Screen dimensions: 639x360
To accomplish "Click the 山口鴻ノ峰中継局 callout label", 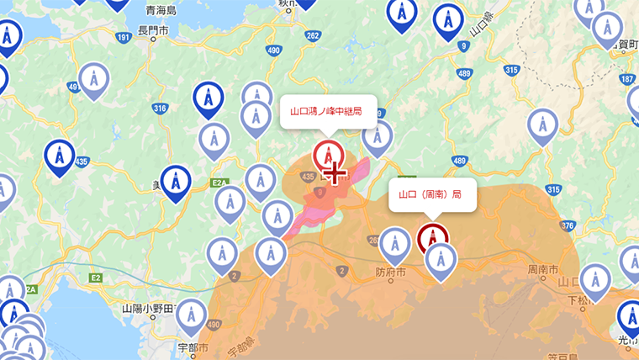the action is (x=327, y=111).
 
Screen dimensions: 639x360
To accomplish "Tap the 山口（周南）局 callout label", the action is (x=431, y=194).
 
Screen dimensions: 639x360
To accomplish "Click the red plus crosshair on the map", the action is (x=335, y=173).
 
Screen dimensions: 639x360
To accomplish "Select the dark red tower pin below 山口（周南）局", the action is (x=432, y=238).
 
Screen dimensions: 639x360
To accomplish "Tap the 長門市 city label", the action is (x=153, y=30).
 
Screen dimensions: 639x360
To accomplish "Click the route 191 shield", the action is (x=124, y=38).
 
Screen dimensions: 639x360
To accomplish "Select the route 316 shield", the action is (x=161, y=109).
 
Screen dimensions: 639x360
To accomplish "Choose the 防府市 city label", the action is (x=390, y=273).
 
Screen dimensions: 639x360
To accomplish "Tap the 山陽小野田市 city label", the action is (x=149, y=309).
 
